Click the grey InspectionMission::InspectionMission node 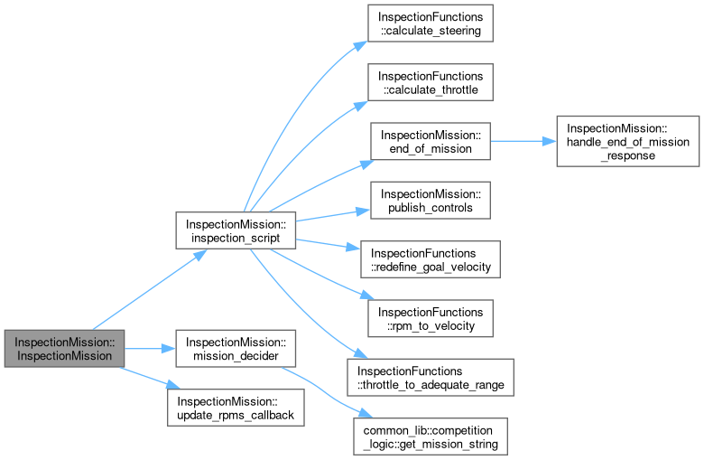click(64, 349)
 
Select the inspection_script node click(236, 230)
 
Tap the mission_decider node click(236, 349)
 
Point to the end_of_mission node click(430, 141)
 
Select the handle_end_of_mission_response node click(628, 141)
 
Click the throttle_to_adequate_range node click(430, 377)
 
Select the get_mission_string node click(430, 436)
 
